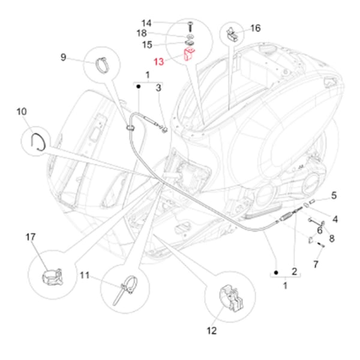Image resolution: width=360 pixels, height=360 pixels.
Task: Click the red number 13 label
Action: pos(158,61)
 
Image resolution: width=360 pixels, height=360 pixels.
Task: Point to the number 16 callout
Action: pos(255,28)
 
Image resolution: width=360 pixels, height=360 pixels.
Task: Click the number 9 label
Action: pos(63,57)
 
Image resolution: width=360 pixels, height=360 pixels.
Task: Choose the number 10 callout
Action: pos(22,112)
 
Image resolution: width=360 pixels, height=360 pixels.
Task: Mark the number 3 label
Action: pos(158,88)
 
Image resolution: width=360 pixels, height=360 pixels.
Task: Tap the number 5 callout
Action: pos(334,195)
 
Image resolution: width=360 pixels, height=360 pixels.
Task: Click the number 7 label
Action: pos(316,264)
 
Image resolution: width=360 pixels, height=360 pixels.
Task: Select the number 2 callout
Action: pos(294,271)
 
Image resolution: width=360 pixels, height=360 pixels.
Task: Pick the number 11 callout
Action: pos(85,275)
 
